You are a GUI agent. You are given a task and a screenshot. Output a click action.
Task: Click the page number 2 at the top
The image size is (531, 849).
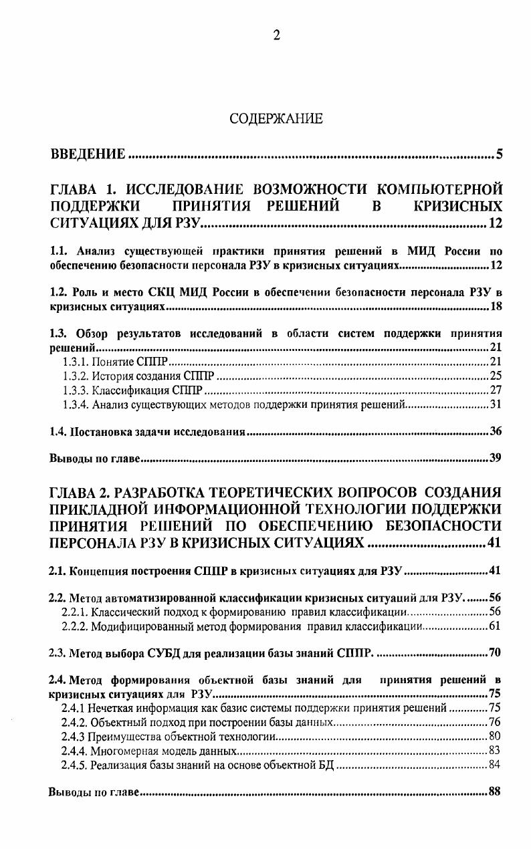(x=276, y=36)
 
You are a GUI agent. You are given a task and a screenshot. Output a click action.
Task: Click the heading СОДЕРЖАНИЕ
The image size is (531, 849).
(x=276, y=119)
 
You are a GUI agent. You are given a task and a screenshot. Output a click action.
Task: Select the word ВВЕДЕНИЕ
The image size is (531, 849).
(x=88, y=156)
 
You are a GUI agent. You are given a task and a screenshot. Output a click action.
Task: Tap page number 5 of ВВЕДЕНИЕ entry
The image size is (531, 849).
(x=499, y=156)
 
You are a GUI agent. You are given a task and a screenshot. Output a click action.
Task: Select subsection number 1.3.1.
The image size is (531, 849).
(x=75, y=362)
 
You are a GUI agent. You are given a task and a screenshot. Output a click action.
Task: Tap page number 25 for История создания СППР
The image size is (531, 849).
(x=495, y=376)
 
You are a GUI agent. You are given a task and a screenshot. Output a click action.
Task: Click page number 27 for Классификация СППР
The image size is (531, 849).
(x=495, y=390)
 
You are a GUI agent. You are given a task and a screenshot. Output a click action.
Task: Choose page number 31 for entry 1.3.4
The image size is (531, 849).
(x=495, y=404)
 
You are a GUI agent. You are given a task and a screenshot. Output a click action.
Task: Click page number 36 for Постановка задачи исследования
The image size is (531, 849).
(x=495, y=431)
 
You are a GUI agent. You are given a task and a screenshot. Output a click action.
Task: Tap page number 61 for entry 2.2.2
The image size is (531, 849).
(x=495, y=626)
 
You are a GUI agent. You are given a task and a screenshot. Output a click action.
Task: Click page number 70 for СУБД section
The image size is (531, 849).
(x=495, y=652)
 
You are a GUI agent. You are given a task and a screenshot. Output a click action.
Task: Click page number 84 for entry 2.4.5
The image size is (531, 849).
(x=495, y=765)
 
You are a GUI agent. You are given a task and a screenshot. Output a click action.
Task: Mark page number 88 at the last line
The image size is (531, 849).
(x=495, y=792)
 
